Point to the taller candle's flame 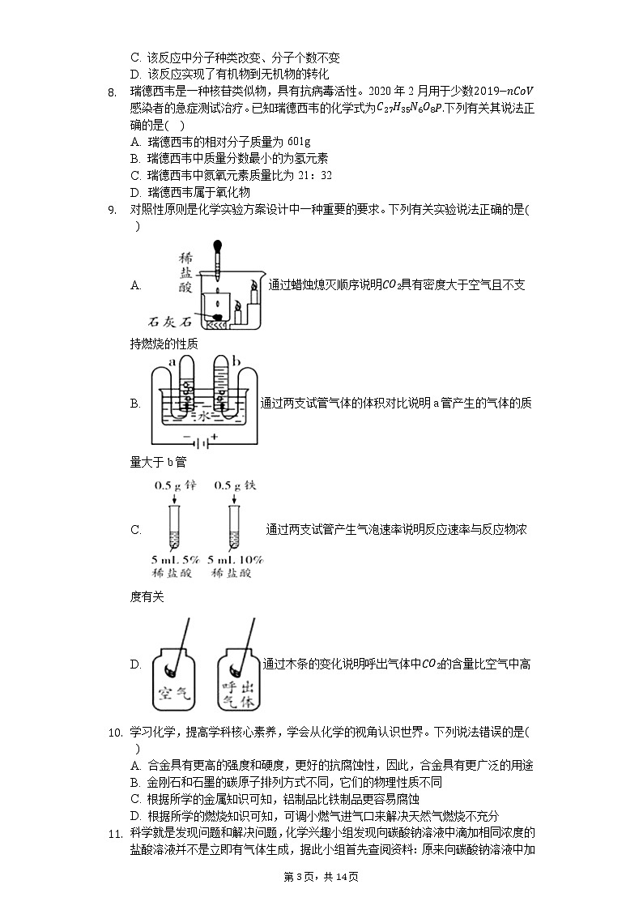pyautogui.click(x=253, y=284)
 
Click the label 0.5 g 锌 pyautogui.click(x=176, y=485)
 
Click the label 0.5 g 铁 pyautogui.click(x=235, y=485)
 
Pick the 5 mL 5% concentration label pyautogui.click(x=176, y=559)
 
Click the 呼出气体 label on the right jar pyautogui.click(x=237, y=694)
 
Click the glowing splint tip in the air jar pyautogui.click(x=171, y=669)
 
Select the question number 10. pyautogui.click(x=114, y=733)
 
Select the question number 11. pyautogui.click(x=114, y=833)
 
